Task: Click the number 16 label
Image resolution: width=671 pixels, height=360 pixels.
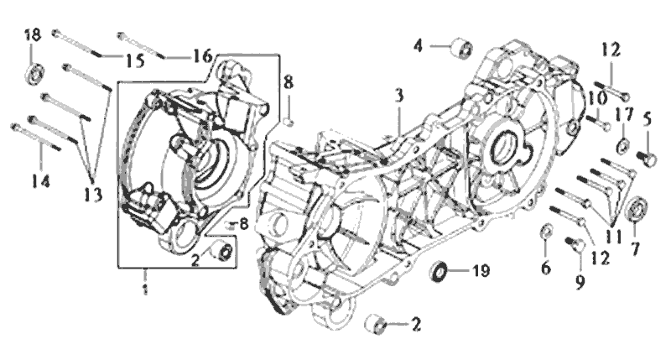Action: (x=201, y=56)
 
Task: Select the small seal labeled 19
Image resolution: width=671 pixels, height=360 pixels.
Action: (x=439, y=271)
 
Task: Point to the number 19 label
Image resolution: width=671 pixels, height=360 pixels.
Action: (x=478, y=271)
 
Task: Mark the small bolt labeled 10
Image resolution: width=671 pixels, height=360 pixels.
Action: (x=601, y=122)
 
